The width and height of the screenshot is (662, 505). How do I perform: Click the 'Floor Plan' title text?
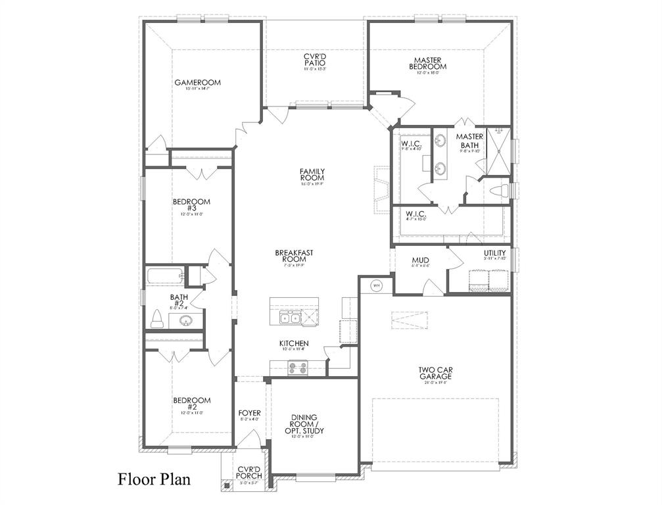tap(154, 478)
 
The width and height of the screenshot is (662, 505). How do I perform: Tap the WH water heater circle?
tap(377, 285)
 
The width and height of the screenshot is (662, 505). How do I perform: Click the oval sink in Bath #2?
tap(185, 321)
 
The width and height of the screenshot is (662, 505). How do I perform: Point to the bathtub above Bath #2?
tap(164, 276)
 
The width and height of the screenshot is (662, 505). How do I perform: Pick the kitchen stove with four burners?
tap(298, 368)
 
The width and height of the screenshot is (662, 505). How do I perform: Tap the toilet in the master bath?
tap(502, 191)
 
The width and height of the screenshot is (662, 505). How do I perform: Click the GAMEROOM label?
tap(197, 83)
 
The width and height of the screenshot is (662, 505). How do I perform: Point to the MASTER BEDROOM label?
tap(427, 63)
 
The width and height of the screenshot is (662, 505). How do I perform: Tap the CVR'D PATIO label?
tap(315, 60)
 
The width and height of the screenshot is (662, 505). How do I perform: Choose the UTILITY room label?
tap(495, 253)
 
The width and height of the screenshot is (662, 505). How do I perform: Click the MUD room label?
tap(421, 260)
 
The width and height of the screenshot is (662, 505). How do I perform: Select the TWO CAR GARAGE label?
tap(435, 373)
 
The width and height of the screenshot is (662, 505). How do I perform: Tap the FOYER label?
tap(249, 414)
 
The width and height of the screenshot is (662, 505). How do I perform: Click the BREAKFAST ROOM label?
tap(293, 256)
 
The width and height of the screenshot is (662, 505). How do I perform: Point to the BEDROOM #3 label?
tap(191, 205)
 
